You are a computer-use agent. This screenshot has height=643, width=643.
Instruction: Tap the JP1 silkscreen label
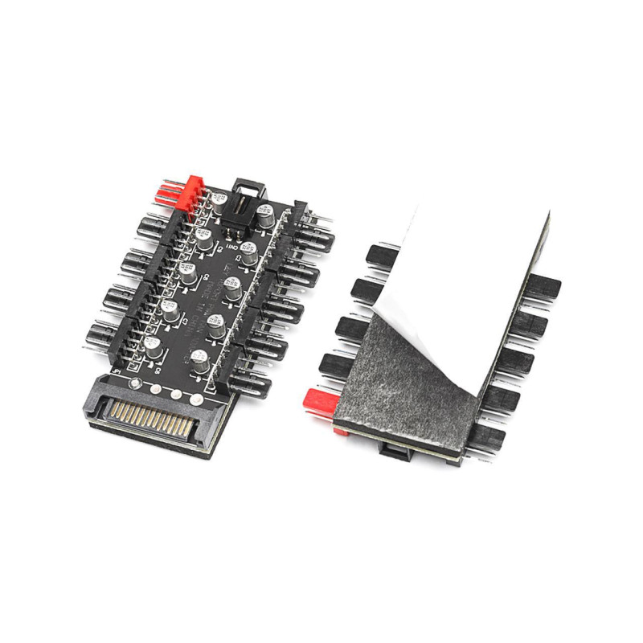(117, 375)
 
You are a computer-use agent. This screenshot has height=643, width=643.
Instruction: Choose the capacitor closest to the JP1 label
(152, 347)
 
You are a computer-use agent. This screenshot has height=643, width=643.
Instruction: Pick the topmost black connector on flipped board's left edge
(375, 256)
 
